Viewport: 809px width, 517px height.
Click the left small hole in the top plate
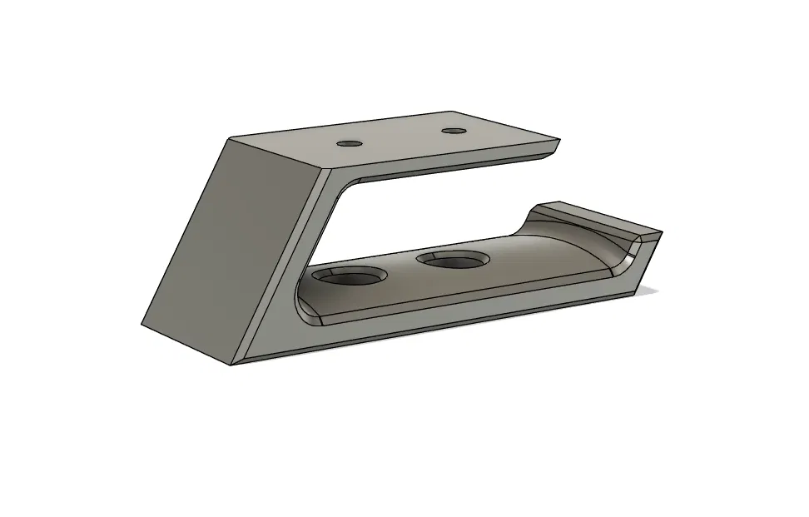[350, 143]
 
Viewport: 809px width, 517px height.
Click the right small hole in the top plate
[453, 131]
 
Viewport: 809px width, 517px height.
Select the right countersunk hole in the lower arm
[454, 261]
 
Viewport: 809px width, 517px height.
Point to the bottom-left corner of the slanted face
[143, 326]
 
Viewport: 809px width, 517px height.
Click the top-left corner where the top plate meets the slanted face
[228, 138]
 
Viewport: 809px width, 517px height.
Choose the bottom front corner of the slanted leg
[232, 364]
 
